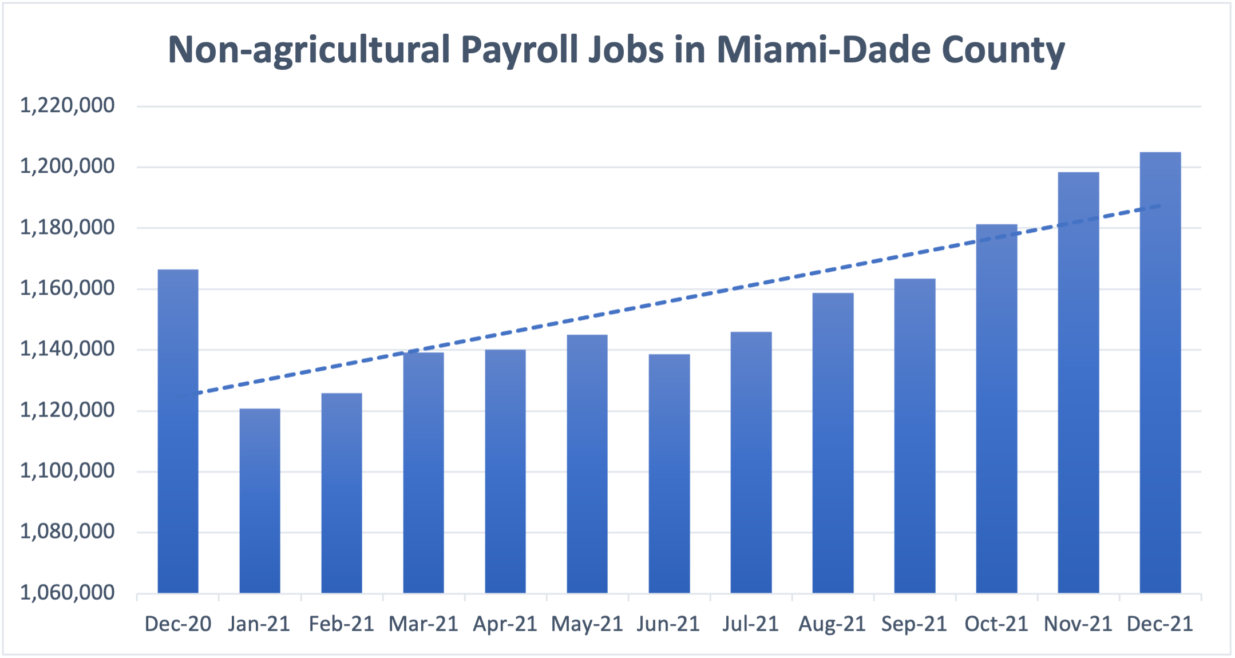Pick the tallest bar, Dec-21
coord(1160,372)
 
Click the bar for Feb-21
coord(342,493)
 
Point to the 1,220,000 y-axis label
coord(68,105)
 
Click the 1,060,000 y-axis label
coord(68,593)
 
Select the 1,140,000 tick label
coord(68,349)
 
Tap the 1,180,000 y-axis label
coord(68,228)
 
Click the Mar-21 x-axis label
coord(423,624)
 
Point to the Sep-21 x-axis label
coord(915,624)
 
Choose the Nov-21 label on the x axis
coord(1078,624)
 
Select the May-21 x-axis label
coord(587,624)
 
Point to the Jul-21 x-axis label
coord(751,624)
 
